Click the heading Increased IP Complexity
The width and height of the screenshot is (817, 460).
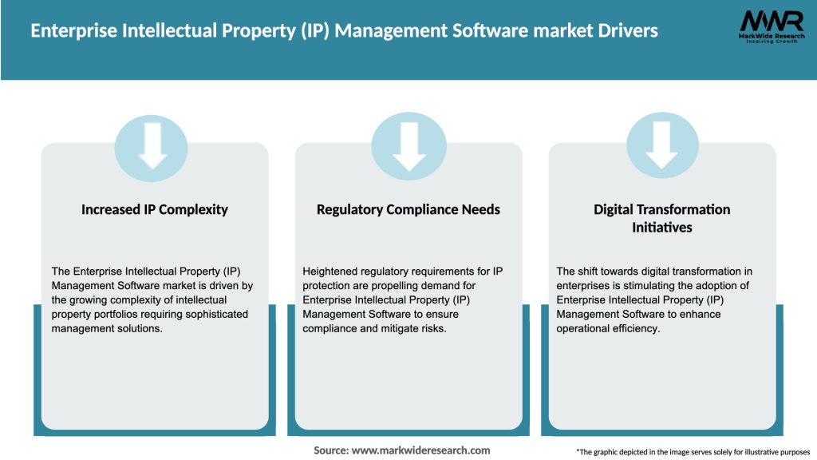pos(155,209)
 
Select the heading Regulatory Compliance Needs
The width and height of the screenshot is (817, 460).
pos(408,209)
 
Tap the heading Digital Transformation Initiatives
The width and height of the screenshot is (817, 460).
pos(662,218)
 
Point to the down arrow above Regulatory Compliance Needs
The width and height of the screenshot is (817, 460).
pos(409,147)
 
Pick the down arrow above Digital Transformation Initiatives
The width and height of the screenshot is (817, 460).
pos(662,147)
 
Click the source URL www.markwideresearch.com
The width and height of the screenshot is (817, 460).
pos(421,450)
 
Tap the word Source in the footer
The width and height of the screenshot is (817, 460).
pos(330,450)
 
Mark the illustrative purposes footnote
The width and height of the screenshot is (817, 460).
pos(693,452)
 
